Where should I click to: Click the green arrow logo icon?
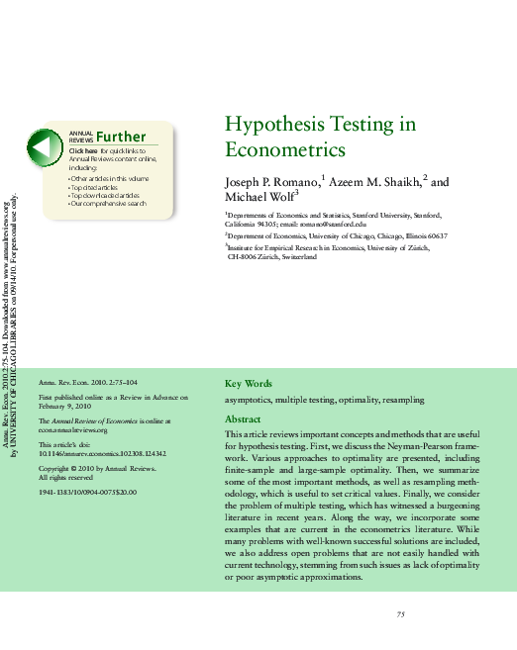coord(43,148)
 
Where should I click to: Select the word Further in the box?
coord(121,138)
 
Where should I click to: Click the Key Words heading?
coord(248,384)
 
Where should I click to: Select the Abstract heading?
coord(244,419)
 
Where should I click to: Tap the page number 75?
coord(401,614)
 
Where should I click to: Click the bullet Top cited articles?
coord(94,187)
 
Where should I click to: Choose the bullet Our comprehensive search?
coord(108,204)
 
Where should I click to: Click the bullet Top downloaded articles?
coord(104,196)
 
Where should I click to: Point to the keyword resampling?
coord(403,400)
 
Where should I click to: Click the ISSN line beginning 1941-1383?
coord(87,492)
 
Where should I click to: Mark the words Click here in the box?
coord(83,150)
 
